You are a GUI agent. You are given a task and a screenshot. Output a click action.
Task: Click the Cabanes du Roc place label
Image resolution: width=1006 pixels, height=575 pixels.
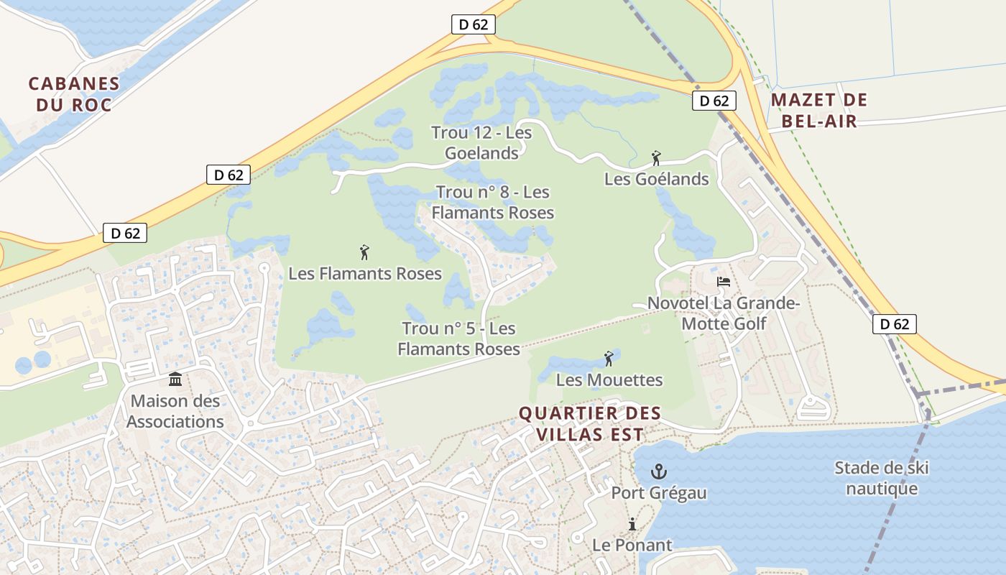coord(73,94)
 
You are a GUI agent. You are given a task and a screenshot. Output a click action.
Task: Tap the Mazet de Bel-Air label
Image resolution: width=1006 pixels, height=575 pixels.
coord(819,110)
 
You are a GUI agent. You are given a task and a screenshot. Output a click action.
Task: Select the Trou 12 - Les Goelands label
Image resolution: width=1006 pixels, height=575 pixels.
coord(481,142)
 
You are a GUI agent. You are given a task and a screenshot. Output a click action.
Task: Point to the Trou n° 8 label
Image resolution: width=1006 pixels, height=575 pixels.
coord(493,202)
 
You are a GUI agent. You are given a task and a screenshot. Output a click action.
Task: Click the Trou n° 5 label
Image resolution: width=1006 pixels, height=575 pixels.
coord(458,339)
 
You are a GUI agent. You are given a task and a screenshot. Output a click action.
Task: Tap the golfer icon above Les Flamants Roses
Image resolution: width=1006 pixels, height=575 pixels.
coord(364,252)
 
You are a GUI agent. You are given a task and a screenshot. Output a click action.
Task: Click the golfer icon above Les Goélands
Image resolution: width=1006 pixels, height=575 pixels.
coord(655,158)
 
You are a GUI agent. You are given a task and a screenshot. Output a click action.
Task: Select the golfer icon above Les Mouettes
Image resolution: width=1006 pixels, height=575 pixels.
coord(609,358)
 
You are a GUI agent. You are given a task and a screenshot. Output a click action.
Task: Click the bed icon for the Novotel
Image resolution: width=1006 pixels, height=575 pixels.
coord(724,282)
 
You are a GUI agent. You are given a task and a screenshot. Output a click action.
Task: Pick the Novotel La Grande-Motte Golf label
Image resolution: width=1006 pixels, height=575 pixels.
coord(723,313)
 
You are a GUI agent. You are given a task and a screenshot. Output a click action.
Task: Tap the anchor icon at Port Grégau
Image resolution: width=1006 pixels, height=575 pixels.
coord(657,471)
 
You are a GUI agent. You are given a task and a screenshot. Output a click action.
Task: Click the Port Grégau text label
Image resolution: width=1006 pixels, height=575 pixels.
coord(659,493)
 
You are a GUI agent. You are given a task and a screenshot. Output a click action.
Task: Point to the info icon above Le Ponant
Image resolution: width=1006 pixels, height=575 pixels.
coord(632,524)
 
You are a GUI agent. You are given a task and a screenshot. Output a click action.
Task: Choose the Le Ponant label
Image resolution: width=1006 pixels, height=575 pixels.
coord(632,545)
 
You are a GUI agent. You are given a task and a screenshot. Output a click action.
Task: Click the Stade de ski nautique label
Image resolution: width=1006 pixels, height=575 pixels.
coord(882,479)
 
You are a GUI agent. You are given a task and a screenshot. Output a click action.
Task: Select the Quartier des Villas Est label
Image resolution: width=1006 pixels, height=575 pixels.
coord(589,424)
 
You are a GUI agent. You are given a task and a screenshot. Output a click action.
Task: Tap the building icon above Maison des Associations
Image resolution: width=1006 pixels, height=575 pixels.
coord(175,379)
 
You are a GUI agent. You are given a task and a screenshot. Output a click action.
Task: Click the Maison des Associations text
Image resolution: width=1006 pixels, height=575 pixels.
coord(175,411)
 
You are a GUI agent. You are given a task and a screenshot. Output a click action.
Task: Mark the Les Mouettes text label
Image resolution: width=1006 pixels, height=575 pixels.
coord(609,379)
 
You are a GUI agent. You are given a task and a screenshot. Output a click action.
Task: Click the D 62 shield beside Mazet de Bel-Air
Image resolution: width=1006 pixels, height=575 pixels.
coord(714,101)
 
